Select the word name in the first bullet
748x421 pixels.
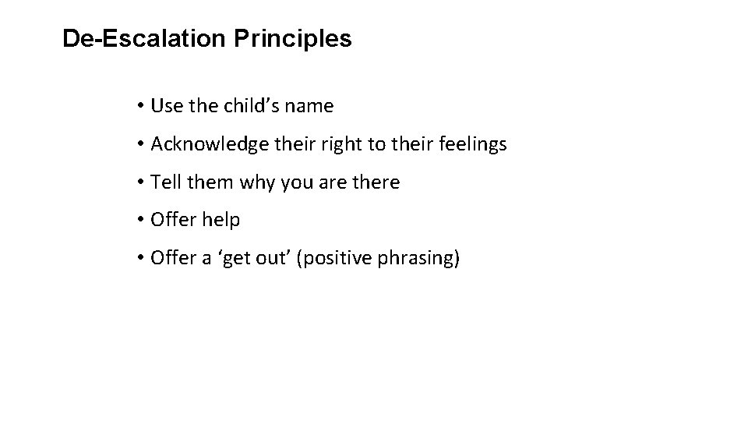(x=312, y=105)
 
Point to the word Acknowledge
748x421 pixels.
(x=203, y=144)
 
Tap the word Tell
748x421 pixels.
(x=164, y=182)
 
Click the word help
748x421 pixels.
(x=221, y=221)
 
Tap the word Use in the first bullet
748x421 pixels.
(x=164, y=105)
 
